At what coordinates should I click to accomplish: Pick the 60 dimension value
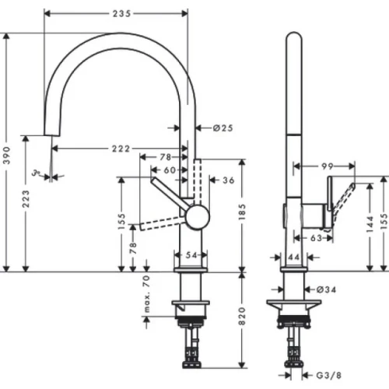(x=169, y=170)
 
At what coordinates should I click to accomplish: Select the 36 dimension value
(x=228, y=180)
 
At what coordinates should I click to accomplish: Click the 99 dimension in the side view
(x=325, y=166)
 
